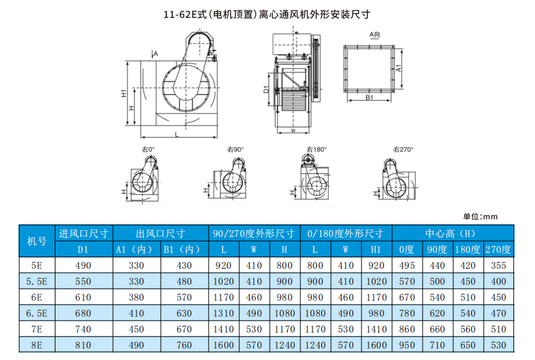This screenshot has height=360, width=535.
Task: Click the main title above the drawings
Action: (x=267, y=14)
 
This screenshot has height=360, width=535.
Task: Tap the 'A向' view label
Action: (x=375, y=34)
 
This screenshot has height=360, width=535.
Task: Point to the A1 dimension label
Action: (x=399, y=68)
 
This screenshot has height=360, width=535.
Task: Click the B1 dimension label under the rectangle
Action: (x=369, y=97)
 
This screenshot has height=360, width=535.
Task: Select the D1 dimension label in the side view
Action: (x=267, y=89)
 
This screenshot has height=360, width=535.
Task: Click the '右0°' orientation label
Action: (x=149, y=149)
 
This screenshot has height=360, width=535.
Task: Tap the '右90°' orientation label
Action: (x=235, y=149)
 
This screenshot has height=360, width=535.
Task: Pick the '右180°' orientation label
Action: (x=317, y=149)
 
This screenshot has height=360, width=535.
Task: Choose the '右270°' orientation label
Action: (x=403, y=149)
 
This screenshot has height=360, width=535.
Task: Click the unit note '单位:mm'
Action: (x=480, y=217)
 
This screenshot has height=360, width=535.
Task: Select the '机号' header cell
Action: (x=37, y=241)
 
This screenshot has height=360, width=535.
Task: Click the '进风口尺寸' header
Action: (x=84, y=234)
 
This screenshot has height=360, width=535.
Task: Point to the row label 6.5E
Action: (x=36, y=313)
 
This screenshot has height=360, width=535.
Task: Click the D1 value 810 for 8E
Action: (x=83, y=345)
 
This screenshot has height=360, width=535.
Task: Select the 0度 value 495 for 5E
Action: (x=407, y=266)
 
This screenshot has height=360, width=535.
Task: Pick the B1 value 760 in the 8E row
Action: (x=184, y=345)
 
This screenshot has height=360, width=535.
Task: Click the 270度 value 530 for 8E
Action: (x=498, y=345)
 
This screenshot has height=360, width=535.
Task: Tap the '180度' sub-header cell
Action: (x=467, y=250)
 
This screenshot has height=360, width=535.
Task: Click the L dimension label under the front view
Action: (x=177, y=134)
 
